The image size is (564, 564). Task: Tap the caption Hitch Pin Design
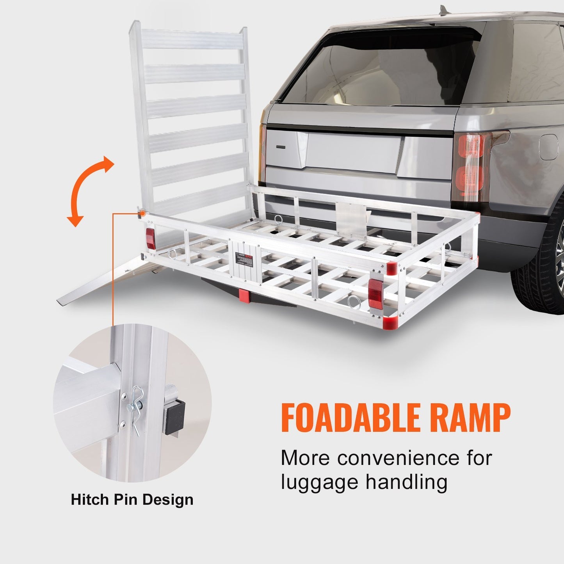(132, 500)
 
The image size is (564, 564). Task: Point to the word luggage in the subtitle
(320, 483)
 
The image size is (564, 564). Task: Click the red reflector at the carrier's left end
(150, 238)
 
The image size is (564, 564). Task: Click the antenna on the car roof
(443, 9)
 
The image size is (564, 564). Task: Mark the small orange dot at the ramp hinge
(142, 214)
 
